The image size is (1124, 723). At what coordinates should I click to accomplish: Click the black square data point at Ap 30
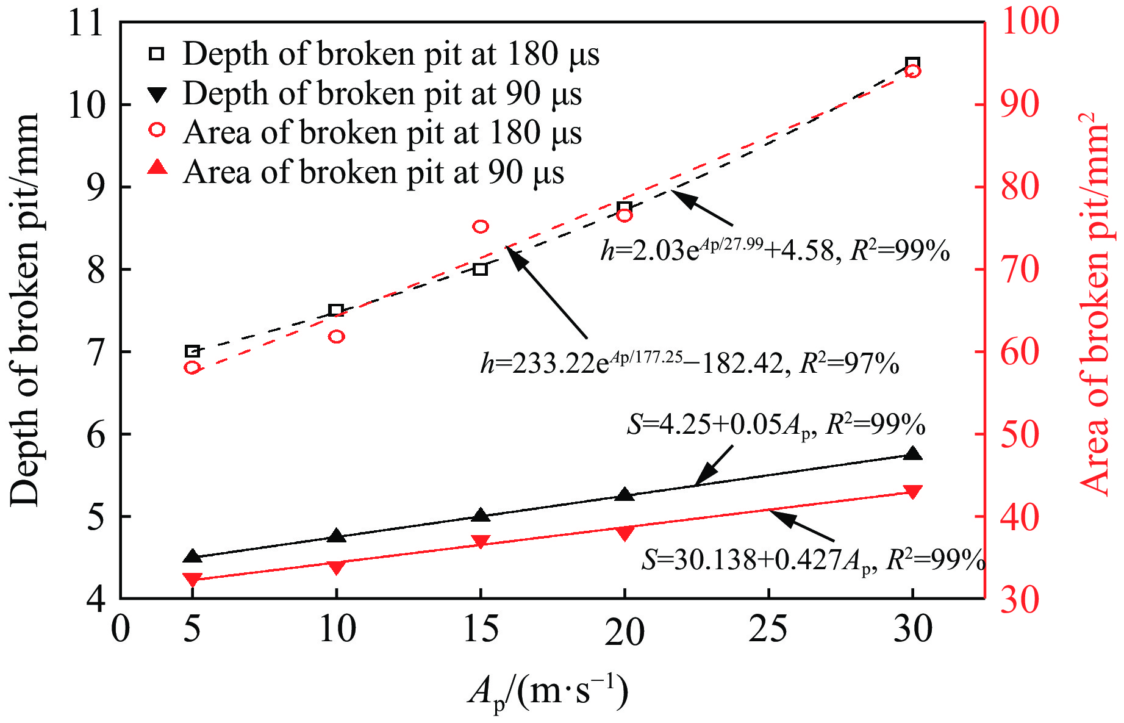coord(912,63)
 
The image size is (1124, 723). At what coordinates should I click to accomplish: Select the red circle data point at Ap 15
coord(481,226)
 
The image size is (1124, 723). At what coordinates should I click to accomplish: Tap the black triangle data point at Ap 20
coord(624,495)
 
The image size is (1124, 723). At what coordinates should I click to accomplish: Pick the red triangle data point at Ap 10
coord(336,567)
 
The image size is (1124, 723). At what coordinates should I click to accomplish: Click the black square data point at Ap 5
coord(192,351)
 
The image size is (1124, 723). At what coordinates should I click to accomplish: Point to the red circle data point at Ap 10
coord(337,336)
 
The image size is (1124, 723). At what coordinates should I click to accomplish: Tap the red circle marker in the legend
coord(157,129)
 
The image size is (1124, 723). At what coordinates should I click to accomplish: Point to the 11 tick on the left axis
coord(85,24)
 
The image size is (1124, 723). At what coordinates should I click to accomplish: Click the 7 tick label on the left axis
coord(96,352)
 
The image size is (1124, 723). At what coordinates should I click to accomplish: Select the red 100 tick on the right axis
coord(1030,21)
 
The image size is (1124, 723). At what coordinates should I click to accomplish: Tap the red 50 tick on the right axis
coord(1019,434)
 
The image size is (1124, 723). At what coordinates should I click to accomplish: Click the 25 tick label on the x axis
coord(768,629)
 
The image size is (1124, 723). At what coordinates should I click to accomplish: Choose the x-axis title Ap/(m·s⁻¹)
coord(548,693)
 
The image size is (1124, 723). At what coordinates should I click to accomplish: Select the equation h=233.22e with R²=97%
coord(689,364)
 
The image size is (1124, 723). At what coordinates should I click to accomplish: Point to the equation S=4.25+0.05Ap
coord(776,425)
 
